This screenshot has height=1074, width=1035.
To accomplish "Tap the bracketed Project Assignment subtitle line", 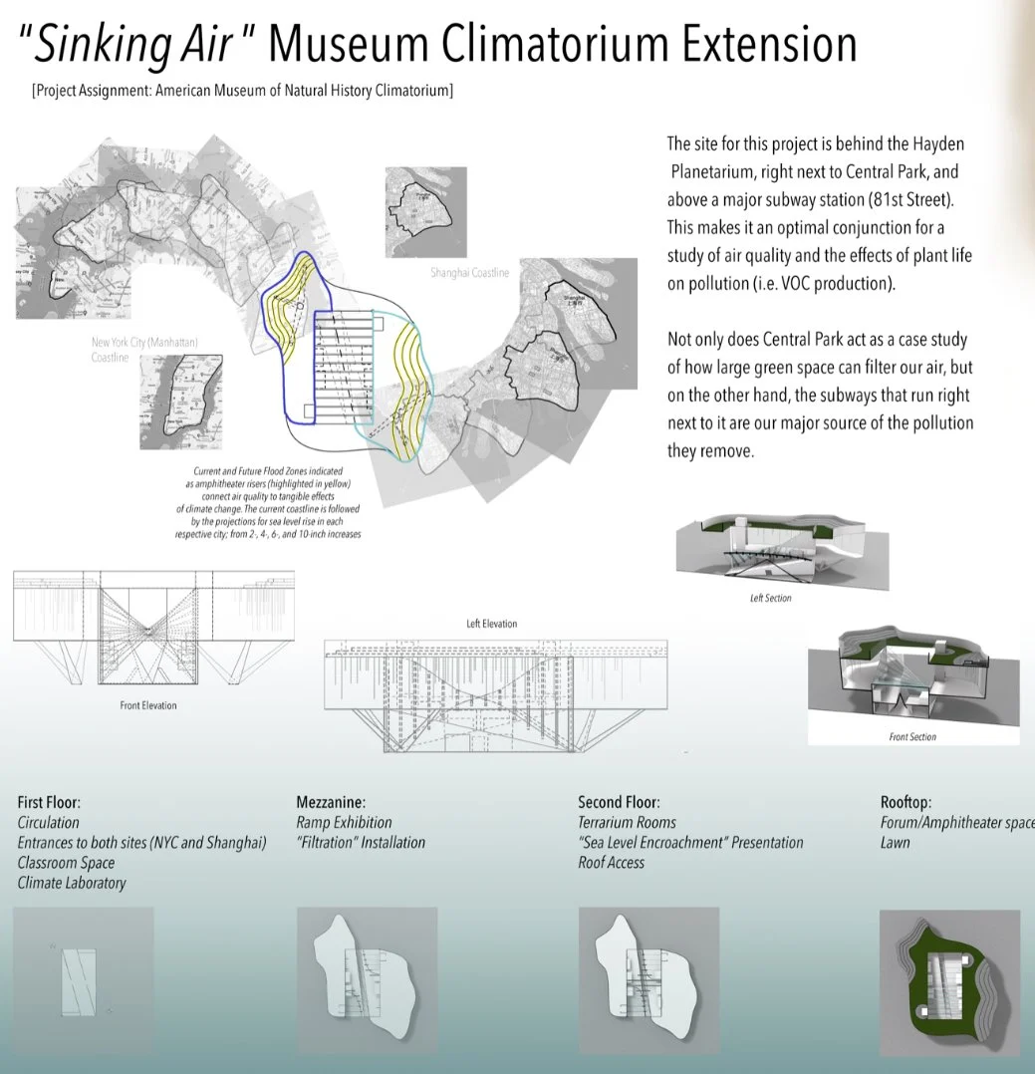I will click(x=242, y=91).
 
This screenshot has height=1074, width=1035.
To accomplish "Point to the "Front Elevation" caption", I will click(x=146, y=705).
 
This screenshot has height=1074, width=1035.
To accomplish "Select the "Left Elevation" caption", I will click(x=492, y=624).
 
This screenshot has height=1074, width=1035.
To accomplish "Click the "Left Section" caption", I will click(x=770, y=599).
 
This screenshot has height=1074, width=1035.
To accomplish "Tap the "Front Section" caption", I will click(x=912, y=737).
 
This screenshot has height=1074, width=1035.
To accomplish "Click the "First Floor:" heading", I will click(x=49, y=802).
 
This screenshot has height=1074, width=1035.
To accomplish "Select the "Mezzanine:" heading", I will click(x=332, y=802).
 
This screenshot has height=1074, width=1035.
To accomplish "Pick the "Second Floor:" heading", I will click(x=619, y=802).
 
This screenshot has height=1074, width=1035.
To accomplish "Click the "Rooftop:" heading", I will click(x=906, y=802).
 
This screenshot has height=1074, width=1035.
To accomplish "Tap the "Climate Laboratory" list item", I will click(x=72, y=883).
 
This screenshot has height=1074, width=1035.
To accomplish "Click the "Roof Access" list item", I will click(x=611, y=863).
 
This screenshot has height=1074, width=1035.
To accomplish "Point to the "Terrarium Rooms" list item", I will click(x=627, y=823).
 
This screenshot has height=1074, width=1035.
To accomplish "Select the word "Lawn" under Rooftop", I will click(x=895, y=843).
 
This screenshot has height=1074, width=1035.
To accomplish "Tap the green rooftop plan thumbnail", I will click(x=949, y=980).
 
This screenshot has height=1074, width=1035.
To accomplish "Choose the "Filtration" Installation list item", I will click(x=361, y=843).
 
